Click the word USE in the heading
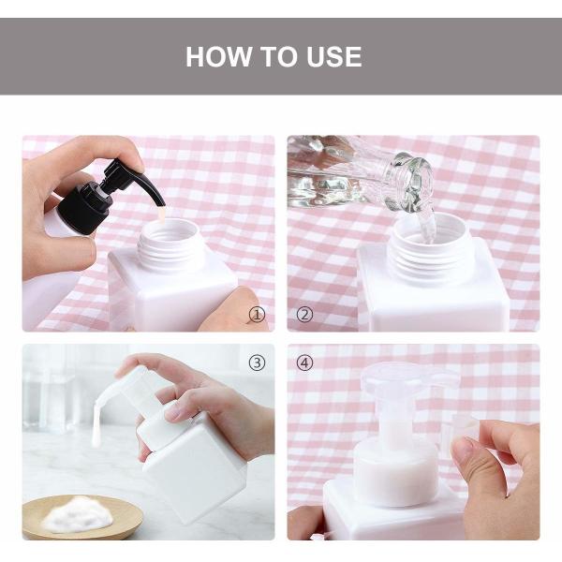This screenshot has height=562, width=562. [x=329, y=56]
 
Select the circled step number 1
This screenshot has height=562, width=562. [x=257, y=315]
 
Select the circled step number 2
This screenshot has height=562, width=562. [x=304, y=315]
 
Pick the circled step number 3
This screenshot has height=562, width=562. [x=257, y=362]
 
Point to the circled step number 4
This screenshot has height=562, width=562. [x=304, y=362]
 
